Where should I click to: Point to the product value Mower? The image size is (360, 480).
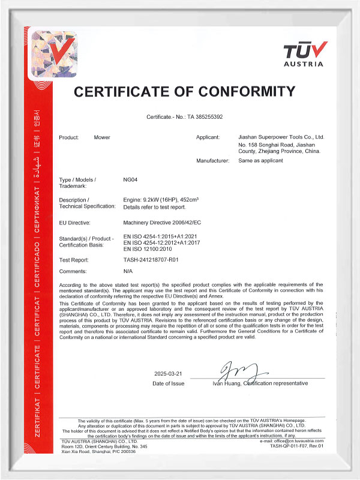click(102, 137)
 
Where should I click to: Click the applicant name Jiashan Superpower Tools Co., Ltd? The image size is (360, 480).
click(281, 137)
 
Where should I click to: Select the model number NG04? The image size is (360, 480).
click(130, 180)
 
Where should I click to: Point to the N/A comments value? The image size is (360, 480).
click(127, 272)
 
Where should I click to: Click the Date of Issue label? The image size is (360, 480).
click(169, 383)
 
